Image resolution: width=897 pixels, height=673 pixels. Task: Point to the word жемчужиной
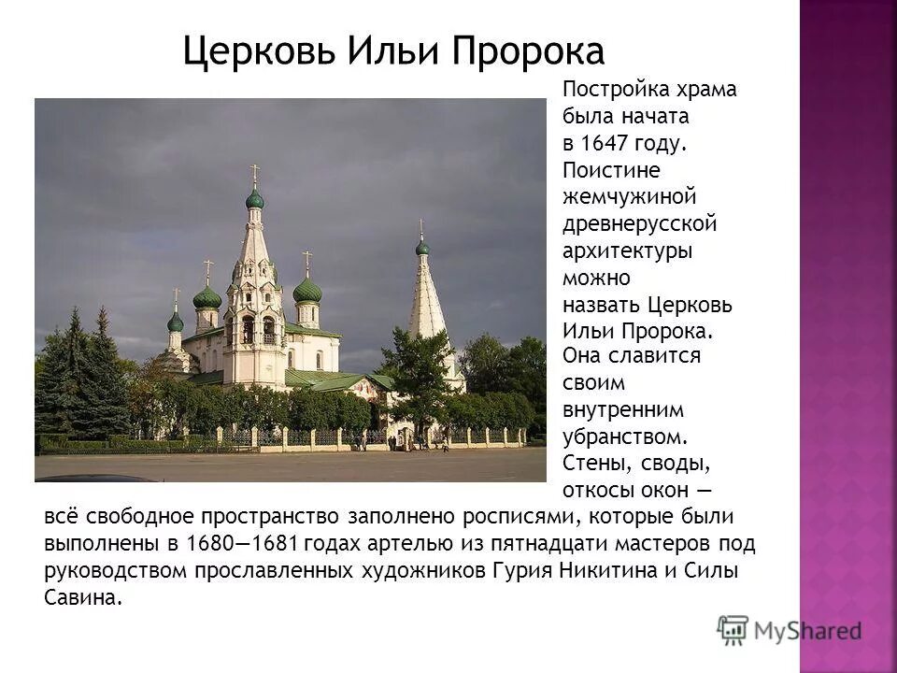(x=629, y=197)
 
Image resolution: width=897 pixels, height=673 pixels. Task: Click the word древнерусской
(x=639, y=224)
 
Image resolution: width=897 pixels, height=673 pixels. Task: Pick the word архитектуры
(x=627, y=251)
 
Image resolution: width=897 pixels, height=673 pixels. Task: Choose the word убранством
(x=625, y=436)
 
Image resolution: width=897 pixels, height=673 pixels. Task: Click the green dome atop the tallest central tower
(x=254, y=198)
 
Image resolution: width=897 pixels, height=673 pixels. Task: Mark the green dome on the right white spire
(x=422, y=248)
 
